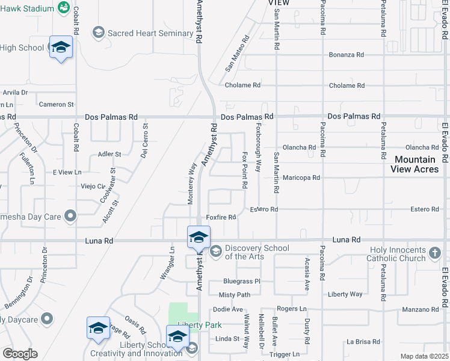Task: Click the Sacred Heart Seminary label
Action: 150,33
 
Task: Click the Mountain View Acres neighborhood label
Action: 415,164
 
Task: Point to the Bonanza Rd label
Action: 346,55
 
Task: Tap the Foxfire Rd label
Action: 221,217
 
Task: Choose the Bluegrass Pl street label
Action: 241,281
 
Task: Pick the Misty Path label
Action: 234,295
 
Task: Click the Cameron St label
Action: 56,105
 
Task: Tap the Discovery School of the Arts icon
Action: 216,250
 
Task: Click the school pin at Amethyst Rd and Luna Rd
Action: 199,236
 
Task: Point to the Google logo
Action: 20,354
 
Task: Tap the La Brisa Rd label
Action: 363,341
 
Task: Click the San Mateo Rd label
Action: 237,55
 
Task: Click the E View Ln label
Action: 67,173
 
